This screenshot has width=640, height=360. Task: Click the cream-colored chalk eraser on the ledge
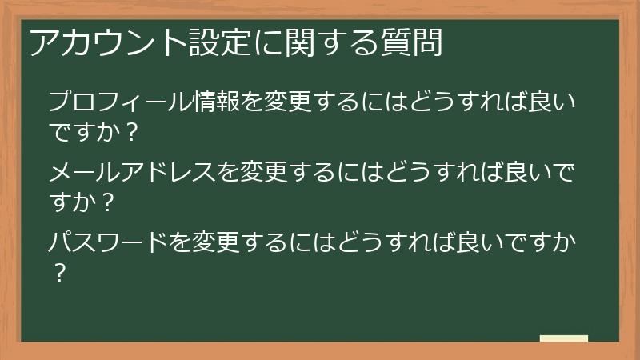coord(563,339)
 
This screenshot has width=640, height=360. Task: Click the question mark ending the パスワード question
coord(58,272)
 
